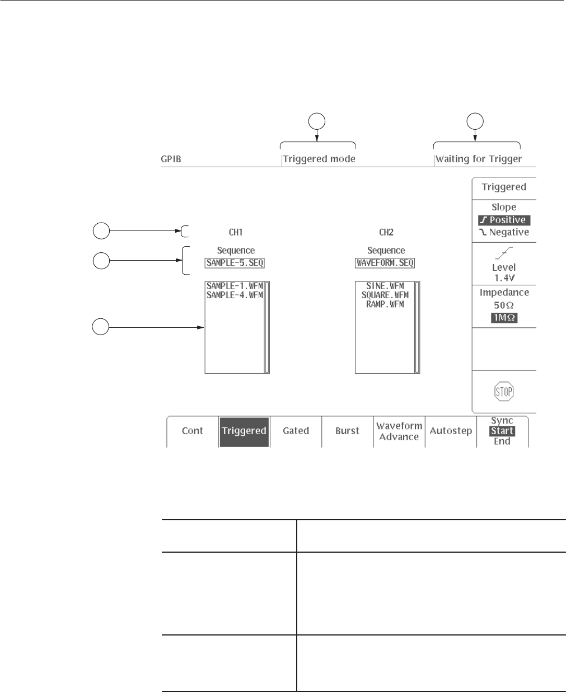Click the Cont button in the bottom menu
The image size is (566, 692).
[x=193, y=431]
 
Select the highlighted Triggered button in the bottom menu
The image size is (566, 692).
[x=244, y=431]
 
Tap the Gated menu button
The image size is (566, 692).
[x=296, y=431]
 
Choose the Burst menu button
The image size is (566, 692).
[x=347, y=431]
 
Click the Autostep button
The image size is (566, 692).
[x=451, y=431]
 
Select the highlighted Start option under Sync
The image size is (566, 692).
[x=502, y=431]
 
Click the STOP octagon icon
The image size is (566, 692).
[x=504, y=392]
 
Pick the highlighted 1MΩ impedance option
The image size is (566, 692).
[x=504, y=318]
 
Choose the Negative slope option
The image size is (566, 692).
[x=504, y=232]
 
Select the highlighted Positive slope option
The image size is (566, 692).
[x=504, y=220]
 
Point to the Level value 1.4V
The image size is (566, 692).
[x=504, y=277]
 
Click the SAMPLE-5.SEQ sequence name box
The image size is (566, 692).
[x=235, y=262]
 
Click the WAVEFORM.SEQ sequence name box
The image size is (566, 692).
[x=386, y=262]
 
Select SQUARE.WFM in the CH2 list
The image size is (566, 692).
[x=385, y=295]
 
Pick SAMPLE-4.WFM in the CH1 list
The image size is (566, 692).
[x=235, y=295]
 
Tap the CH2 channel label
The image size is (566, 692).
[x=386, y=232]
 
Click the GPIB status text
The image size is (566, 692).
[x=171, y=159]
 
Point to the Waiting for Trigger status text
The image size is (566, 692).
[x=479, y=159]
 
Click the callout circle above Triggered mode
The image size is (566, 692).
[x=317, y=121]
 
